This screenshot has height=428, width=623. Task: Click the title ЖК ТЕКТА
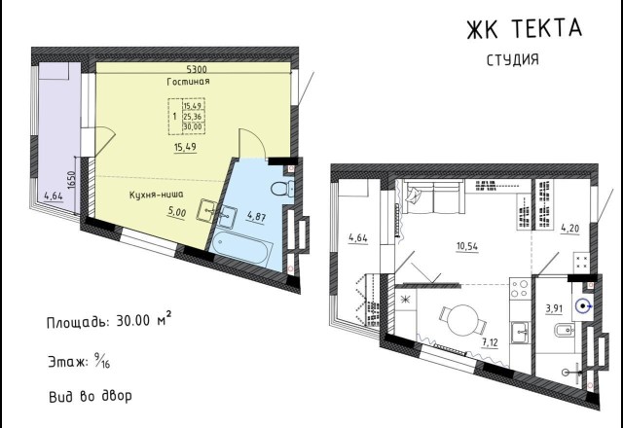525,28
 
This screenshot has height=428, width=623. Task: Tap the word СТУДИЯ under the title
513,59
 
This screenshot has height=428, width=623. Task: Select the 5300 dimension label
197,69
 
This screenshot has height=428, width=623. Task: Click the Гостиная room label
188,82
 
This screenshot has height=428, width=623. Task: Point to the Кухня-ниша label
156,195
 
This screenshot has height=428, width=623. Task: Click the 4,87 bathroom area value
256,217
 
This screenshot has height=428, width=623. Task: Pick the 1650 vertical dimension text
71,180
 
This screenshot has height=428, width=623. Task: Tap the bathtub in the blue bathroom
242,248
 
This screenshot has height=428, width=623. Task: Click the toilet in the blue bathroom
282,188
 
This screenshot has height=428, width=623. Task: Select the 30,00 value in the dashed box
193,127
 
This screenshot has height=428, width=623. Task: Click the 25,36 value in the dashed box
193,117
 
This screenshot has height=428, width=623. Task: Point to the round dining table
463,320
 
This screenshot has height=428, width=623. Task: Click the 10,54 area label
467,246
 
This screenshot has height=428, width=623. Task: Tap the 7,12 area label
490,342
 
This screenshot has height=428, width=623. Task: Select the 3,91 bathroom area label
554,309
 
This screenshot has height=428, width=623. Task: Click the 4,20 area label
569,229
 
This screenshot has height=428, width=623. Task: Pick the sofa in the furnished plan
434,196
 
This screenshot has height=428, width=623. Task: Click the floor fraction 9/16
102,361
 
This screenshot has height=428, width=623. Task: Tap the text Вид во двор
91,396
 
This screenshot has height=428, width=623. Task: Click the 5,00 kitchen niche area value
176,212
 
